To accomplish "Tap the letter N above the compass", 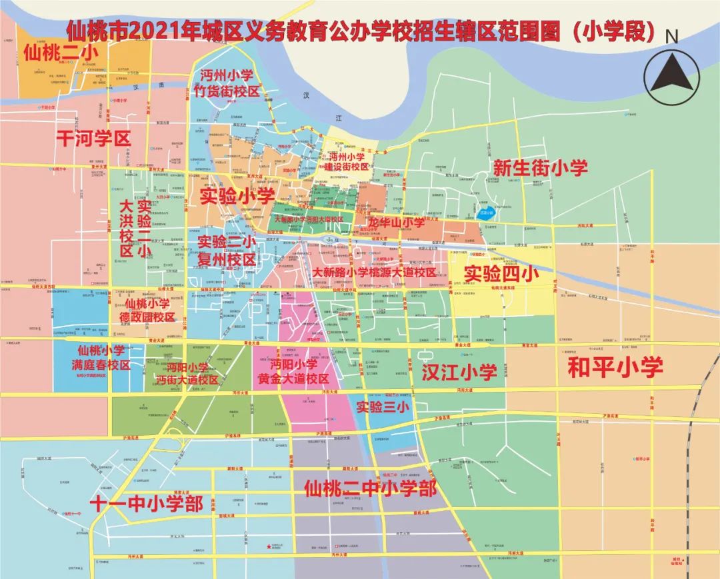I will [672, 36].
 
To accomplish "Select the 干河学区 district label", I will [93, 139].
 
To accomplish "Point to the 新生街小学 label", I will [540, 167].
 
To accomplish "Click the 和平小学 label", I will [615, 367].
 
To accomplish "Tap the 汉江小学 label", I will [459, 372].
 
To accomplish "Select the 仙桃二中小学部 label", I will [370, 488].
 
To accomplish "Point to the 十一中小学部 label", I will [147, 504].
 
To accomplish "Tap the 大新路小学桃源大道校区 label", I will [374, 273].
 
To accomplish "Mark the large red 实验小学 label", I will [237, 196].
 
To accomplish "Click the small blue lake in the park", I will [486, 215].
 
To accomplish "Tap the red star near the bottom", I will [269, 547].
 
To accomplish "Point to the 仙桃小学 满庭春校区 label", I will [101, 358].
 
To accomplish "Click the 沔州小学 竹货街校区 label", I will [229, 83].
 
